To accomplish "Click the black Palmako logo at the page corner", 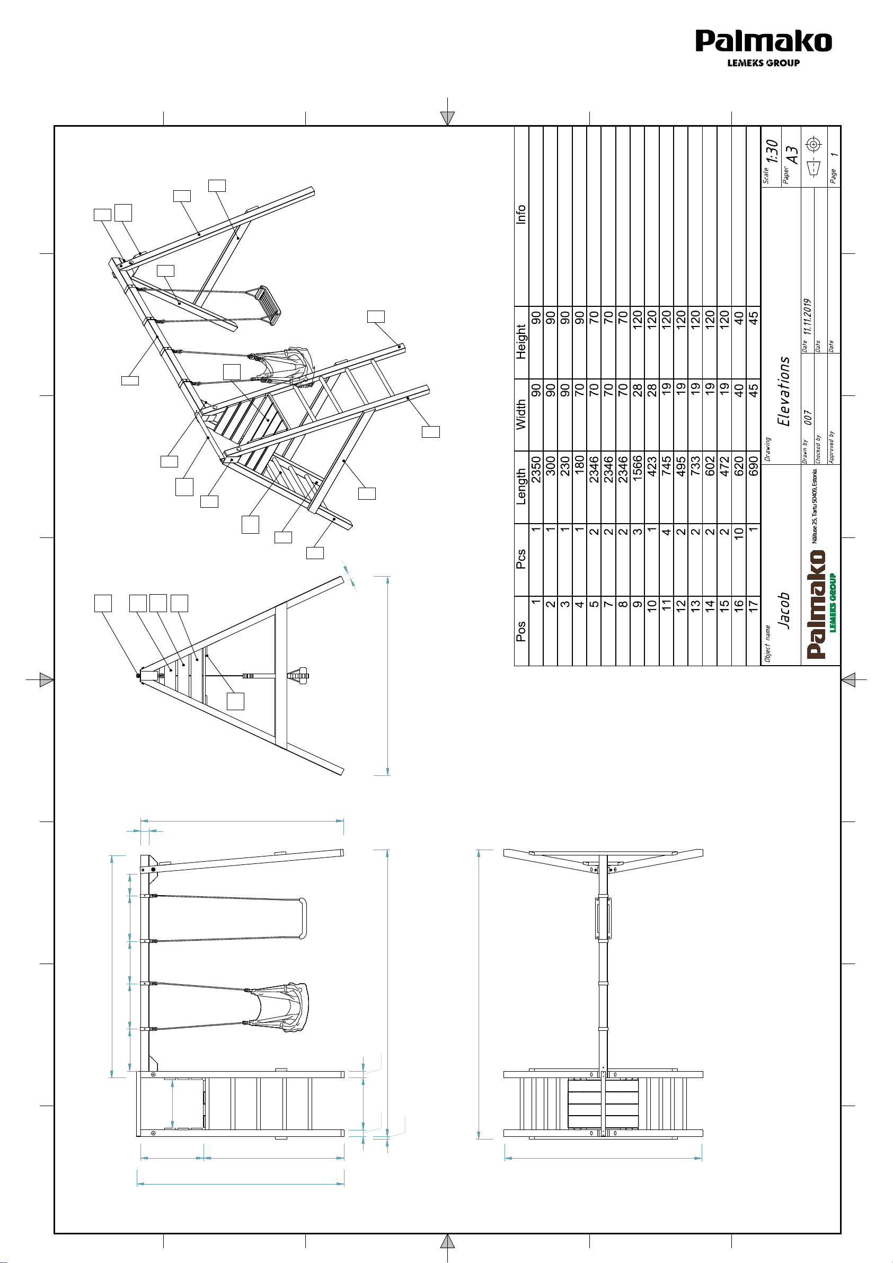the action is (x=763, y=48).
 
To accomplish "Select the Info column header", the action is (x=521, y=214).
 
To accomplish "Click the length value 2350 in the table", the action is (x=536, y=469).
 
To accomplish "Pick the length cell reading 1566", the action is (x=637, y=469).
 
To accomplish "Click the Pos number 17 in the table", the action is (x=753, y=605).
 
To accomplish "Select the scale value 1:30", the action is (x=772, y=151).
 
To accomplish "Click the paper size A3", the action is (x=791, y=155).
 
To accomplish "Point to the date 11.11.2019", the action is (x=807, y=317).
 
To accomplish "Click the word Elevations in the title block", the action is (x=783, y=391).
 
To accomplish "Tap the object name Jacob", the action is (x=783, y=611).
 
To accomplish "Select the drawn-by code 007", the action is (x=807, y=418).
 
